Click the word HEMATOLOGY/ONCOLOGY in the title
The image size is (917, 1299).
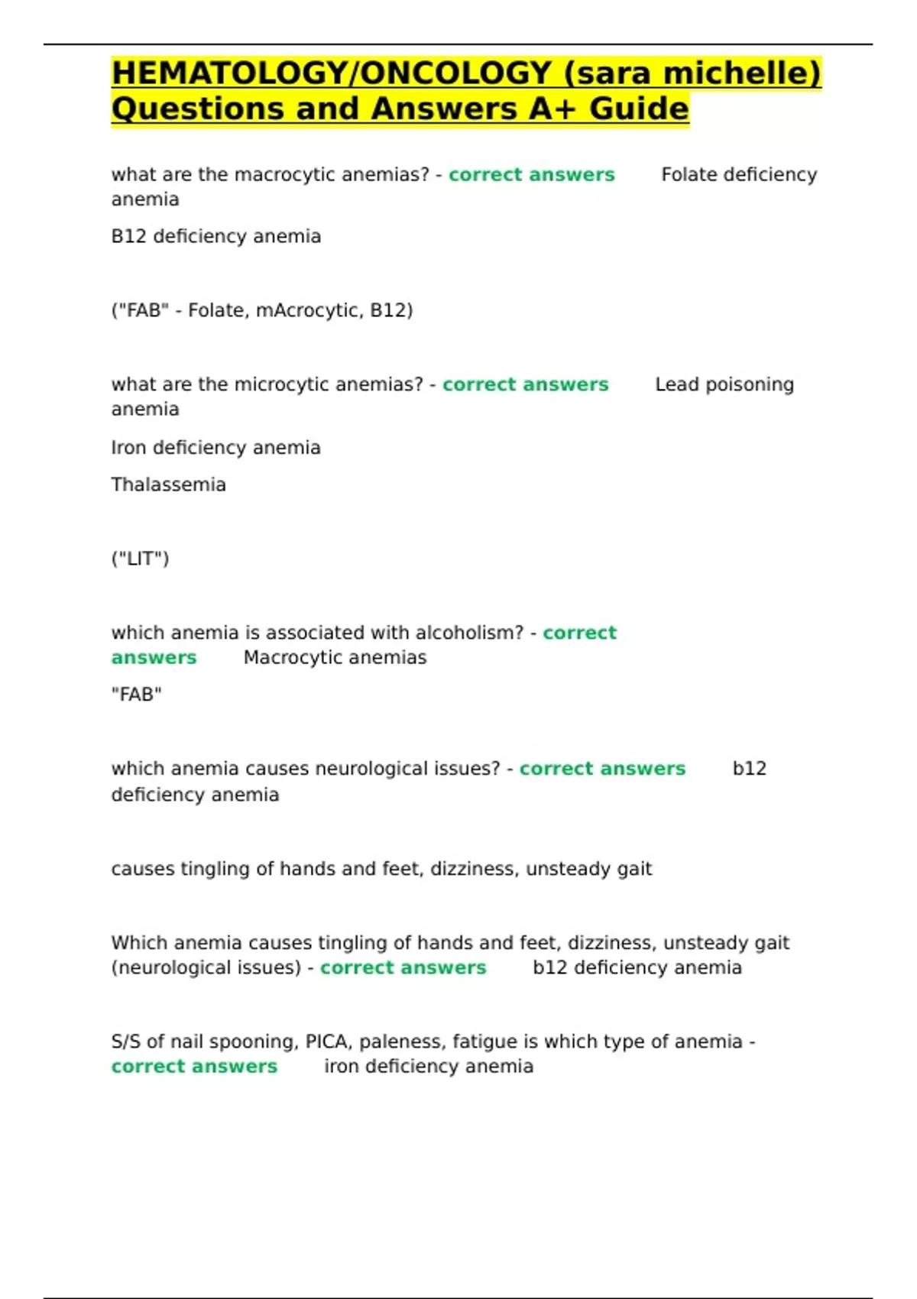331,73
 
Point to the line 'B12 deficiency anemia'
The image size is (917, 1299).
215,237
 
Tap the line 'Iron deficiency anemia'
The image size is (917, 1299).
215,448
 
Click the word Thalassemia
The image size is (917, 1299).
168,485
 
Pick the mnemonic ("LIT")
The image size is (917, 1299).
140,559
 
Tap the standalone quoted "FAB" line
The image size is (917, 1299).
136,695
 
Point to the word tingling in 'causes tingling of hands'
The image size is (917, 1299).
205,870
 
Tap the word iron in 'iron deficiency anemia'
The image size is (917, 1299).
342,1067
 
